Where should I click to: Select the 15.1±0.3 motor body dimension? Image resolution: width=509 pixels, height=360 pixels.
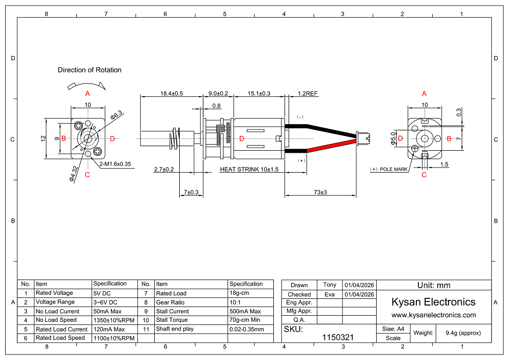coord(259,94)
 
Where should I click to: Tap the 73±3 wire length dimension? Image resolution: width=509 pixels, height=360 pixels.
coord(320,192)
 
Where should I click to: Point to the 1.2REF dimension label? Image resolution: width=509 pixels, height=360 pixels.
coord(307,94)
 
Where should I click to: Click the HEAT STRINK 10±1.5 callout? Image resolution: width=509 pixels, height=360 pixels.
coord(249,170)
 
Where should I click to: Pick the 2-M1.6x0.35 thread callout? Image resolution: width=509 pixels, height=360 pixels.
coord(116,164)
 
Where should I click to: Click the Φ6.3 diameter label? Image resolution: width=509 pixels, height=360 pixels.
coord(117,115)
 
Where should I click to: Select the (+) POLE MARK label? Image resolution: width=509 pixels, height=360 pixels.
coord(389,169)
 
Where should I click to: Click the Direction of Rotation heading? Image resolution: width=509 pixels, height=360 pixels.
coord(90,70)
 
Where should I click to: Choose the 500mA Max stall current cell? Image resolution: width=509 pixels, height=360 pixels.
coord(245,311)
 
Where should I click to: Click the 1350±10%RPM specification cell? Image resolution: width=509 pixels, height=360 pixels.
coord(114,320)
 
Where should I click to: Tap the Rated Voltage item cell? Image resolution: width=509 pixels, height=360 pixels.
coord(54,293)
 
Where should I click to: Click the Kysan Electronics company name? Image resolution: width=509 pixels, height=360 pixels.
coord(433,302)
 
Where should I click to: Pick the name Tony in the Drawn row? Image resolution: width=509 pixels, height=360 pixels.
coord(329,285)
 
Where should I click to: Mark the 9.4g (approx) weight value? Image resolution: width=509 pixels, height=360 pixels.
coord(463,333)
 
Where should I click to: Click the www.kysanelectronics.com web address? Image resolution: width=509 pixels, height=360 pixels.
coord(433,315)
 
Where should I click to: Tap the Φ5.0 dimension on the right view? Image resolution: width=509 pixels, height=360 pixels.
coord(393,139)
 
